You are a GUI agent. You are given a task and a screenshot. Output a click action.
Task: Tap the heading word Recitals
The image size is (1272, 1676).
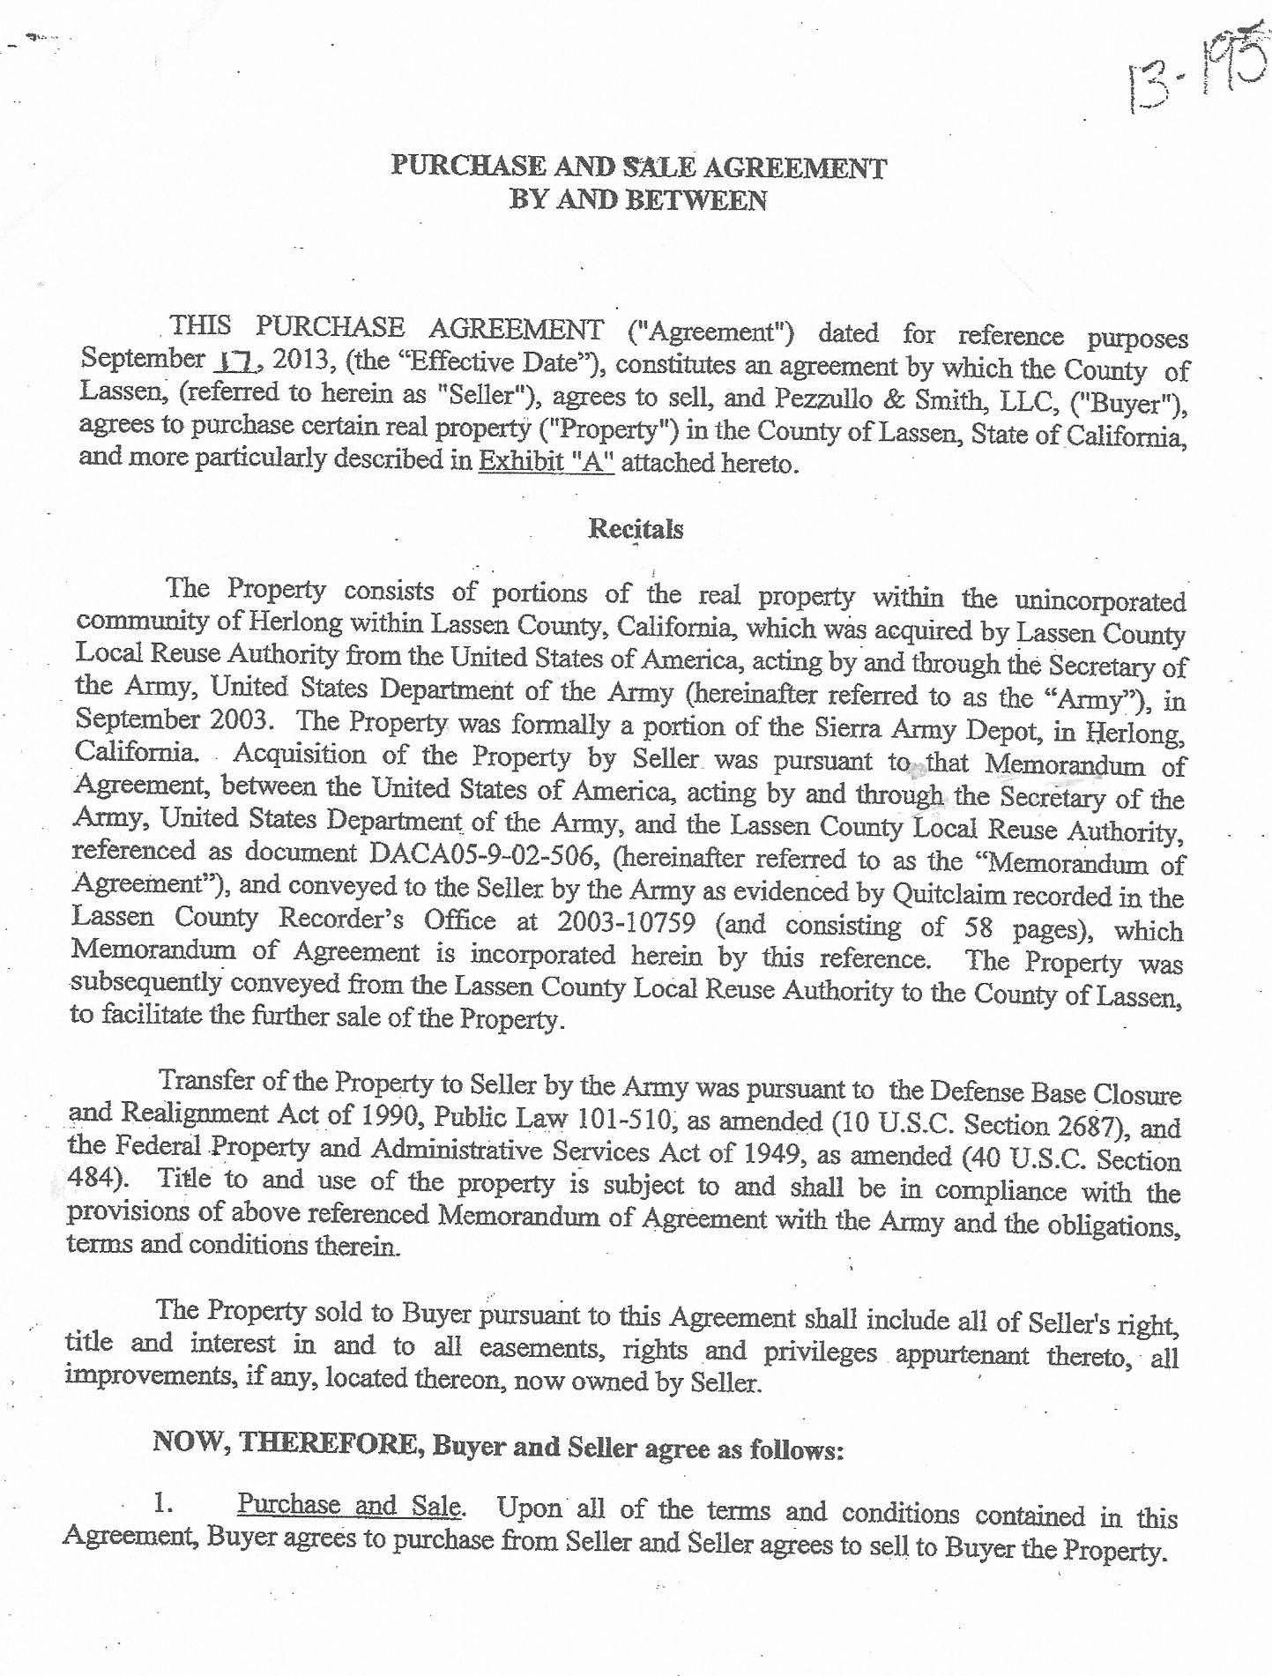(x=635, y=529)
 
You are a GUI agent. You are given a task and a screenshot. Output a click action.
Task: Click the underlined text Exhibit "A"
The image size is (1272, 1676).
(x=546, y=462)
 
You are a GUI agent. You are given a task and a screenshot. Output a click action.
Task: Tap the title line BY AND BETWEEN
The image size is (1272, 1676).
(x=638, y=200)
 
